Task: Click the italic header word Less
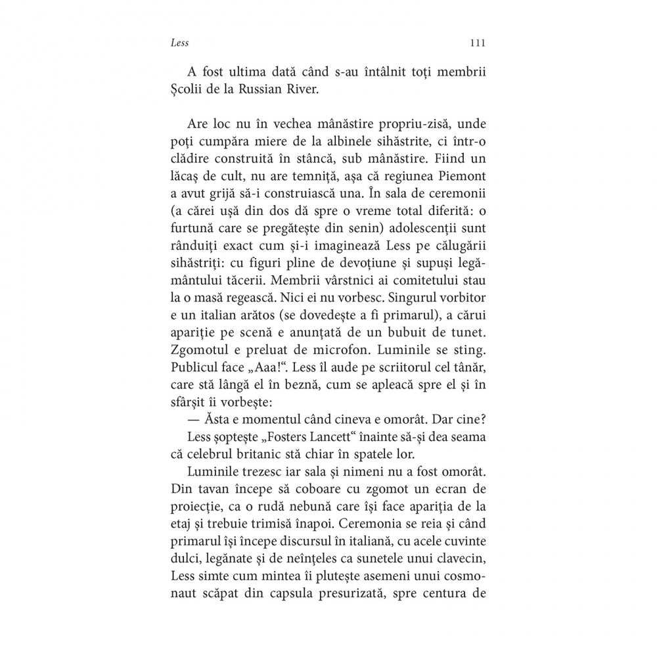click(179, 43)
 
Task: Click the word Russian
click(256, 89)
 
